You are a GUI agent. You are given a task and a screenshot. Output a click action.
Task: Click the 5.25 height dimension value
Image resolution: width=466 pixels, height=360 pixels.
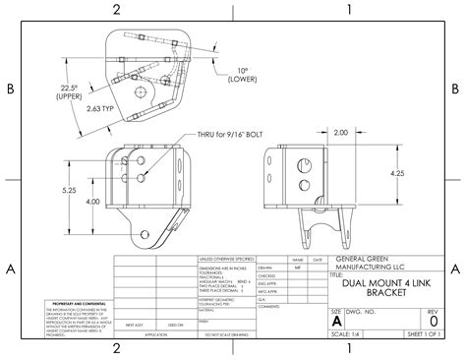tap(70, 190)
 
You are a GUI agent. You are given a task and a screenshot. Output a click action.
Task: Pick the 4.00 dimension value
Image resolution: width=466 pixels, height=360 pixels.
tap(91, 202)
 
